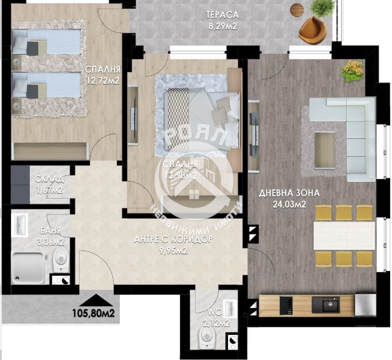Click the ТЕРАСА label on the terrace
click(222, 15)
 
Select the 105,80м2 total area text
click(93, 313)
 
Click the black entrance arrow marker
click(96, 300)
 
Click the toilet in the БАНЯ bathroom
click(61, 260)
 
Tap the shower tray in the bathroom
click(28, 268)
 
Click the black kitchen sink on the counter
click(326, 304)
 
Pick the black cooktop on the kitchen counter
click(286, 306)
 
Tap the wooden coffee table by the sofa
click(325, 150)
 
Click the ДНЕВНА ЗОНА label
click(289, 193)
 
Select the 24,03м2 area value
click(289, 205)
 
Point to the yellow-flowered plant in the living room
click(353, 71)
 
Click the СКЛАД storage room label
click(49, 179)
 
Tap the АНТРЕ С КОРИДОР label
click(173, 239)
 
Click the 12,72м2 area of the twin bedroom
click(102, 81)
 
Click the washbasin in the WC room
click(231, 308)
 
